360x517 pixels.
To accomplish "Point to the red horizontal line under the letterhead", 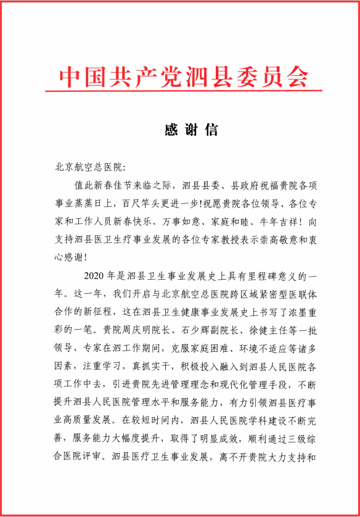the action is (x=182, y=92).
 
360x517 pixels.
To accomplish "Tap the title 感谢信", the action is (x=183, y=130).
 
